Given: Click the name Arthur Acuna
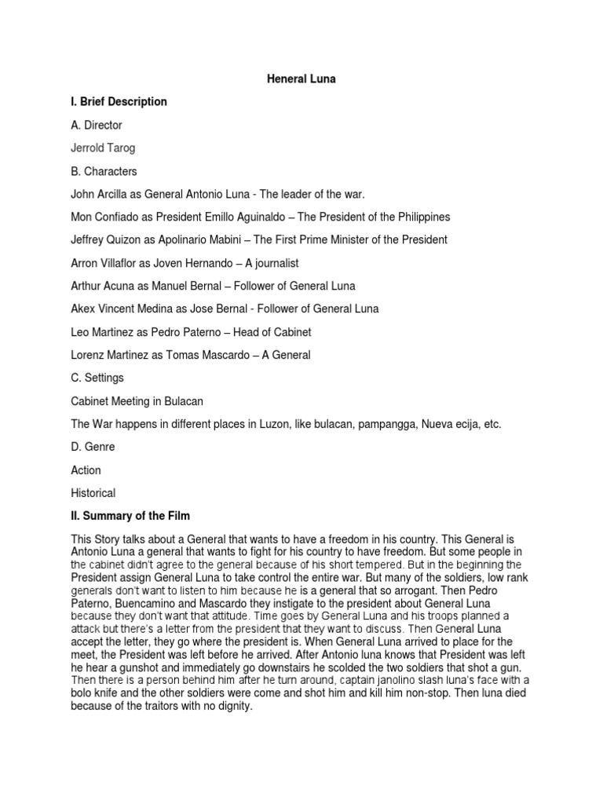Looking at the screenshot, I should coord(107,286).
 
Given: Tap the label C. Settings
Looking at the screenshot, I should coord(97,378).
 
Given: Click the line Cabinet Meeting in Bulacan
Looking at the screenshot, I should coord(137,401).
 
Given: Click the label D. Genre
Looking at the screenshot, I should coord(93,447).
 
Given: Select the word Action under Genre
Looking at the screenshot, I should coord(86,470).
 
